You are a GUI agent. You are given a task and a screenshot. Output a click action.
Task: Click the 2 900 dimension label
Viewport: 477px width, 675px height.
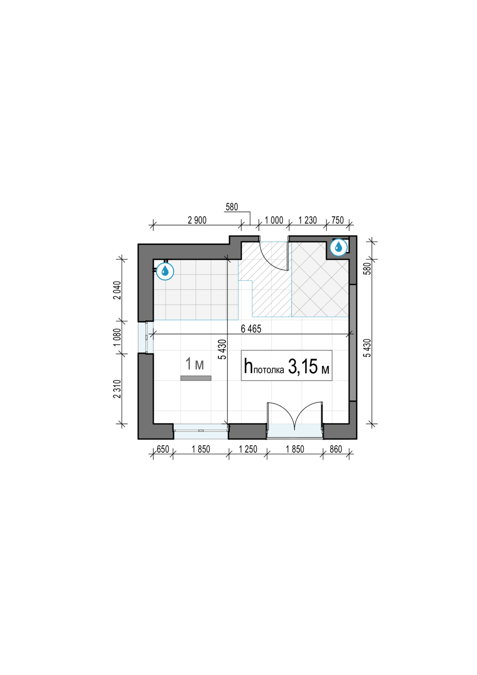click(197, 220)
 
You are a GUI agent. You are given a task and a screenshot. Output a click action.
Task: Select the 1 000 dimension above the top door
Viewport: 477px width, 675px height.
click(274, 220)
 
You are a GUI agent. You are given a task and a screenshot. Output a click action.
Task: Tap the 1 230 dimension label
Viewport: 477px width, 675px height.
click(308, 220)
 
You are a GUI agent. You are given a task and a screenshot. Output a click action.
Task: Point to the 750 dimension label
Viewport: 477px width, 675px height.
click(337, 220)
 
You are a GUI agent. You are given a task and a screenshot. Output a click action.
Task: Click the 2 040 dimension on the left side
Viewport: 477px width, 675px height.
click(117, 290)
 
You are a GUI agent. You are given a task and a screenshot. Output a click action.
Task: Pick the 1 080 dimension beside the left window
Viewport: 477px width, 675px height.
click(117, 337)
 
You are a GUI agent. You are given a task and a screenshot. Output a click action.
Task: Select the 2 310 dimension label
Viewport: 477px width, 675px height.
click(117, 389)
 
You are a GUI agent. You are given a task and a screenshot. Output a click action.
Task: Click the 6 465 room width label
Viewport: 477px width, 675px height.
click(251, 329)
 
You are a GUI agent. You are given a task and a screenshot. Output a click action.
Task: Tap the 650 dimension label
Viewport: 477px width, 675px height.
click(163, 449)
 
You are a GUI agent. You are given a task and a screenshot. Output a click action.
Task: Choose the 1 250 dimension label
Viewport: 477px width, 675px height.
click(248, 449)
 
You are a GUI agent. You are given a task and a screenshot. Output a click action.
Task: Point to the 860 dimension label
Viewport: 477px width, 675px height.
click(336, 449)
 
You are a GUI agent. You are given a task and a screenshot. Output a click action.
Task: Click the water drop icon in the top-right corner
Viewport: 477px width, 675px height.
click(339, 247)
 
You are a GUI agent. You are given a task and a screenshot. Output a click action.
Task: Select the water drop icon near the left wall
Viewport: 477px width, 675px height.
click(165, 271)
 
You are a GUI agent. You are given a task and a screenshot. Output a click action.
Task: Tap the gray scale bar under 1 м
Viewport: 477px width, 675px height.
click(196, 378)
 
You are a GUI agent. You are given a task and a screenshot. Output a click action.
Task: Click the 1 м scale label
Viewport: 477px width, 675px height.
click(195, 364)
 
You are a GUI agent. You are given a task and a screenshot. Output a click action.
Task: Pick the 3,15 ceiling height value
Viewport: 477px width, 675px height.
click(303, 367)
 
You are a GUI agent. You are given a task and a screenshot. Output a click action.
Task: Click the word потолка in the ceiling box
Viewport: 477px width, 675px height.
click(269, 370)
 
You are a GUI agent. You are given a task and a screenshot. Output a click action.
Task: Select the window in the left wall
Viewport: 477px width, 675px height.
click(145, 337)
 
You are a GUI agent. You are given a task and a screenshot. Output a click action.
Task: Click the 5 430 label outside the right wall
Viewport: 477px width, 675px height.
click(368, 348)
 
